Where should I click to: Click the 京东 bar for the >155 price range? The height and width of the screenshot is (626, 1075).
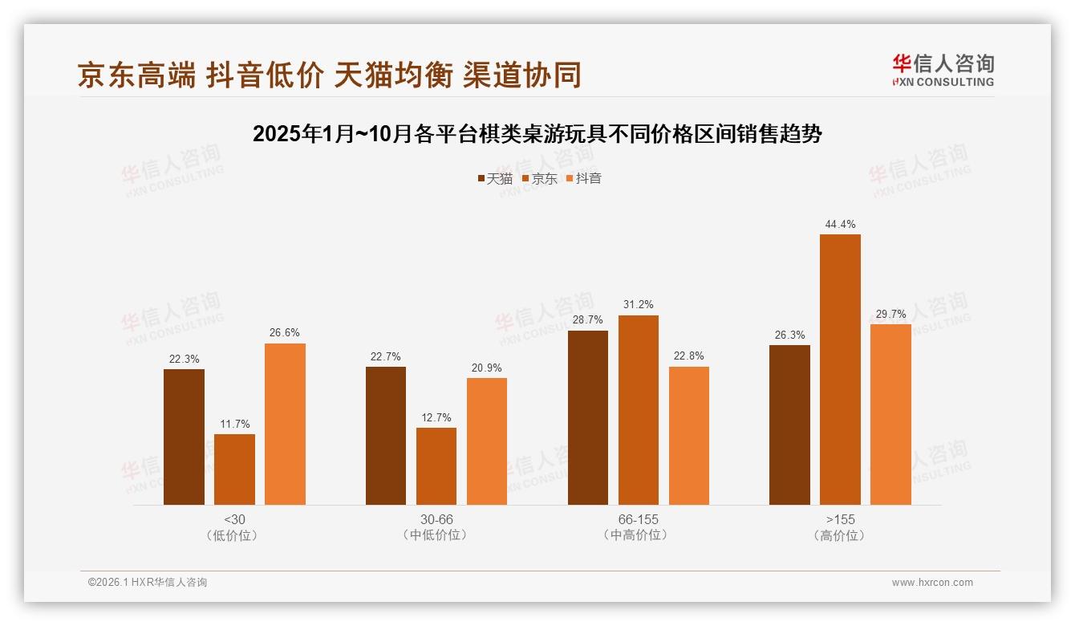point(840,369)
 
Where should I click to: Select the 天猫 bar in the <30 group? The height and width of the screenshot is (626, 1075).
point(184,437)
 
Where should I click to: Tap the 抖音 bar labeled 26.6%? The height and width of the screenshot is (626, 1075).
point(285,424)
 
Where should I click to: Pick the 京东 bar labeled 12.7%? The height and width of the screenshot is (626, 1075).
point(436,465)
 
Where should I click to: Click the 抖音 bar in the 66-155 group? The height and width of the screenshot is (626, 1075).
point(689,435)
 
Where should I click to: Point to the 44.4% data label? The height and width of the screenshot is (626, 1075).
point(840,225)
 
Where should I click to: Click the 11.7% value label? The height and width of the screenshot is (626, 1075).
point(234,424)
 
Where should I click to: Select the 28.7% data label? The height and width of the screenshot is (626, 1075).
point(588,319)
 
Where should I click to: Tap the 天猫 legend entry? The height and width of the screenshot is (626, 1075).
point(495,178)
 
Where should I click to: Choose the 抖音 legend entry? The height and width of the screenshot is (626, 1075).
point(584,178)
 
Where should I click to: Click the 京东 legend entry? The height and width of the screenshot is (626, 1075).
point(540,178)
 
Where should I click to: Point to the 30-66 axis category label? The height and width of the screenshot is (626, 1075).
point(436,519)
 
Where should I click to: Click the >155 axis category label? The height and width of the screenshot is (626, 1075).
point(840,519)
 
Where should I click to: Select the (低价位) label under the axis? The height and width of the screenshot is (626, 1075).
point(234,535)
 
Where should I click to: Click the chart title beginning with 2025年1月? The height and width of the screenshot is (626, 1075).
point(537,134)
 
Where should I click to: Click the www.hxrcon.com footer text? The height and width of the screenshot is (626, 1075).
point(932,583)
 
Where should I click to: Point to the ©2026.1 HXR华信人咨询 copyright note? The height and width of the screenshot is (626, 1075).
point(148,583)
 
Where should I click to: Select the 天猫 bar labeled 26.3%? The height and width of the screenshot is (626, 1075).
point(789,425)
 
